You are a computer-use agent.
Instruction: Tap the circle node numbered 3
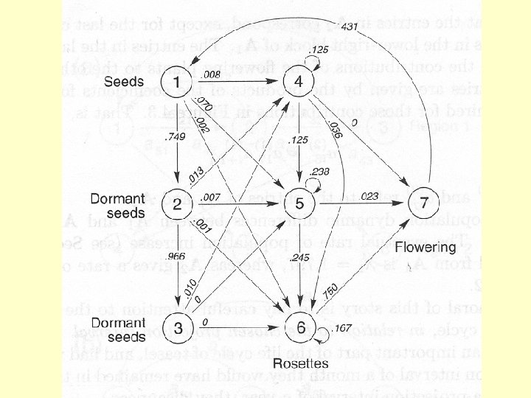click(177, 323)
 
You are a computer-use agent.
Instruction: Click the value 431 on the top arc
click(350, 27)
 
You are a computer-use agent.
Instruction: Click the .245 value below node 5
click(300, 256)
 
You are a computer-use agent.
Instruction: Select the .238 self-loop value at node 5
click(321, 171)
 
